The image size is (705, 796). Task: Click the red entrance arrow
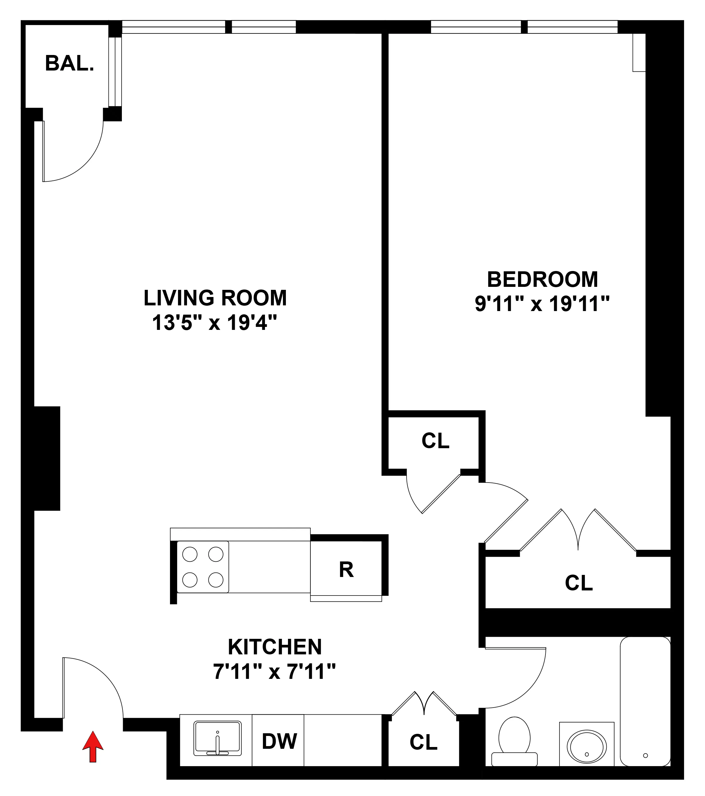[x=93, y=746]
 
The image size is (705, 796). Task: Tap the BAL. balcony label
[x=69, y=63]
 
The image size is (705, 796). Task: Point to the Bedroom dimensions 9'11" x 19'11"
[x=542, y=304]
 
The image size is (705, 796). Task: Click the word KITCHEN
[x=275, y=647]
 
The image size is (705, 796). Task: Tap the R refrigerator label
[x=346, y=570]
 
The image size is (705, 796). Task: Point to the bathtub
[x=645, y=701]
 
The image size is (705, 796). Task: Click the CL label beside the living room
[x=435, y=440]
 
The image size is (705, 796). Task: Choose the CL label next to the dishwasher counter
[x=423, y=742]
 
